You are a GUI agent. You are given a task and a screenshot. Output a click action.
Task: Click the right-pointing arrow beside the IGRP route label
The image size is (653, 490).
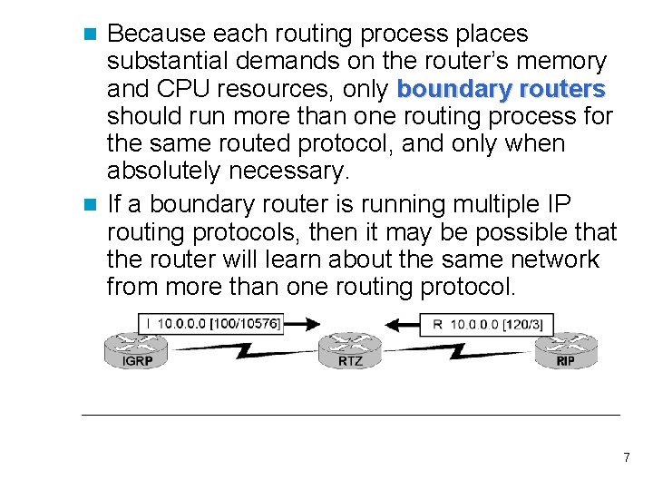pyautogui.click(x=302, y=323)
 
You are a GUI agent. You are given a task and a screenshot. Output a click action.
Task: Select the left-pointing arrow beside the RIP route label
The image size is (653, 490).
pyautogui.click(x=401, y=323)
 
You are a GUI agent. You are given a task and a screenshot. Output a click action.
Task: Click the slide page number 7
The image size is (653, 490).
pyautogui.click(x=626, y=457)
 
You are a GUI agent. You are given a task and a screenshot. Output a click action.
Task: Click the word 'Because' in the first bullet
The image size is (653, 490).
pyautogui.click(x=155, y=34)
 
